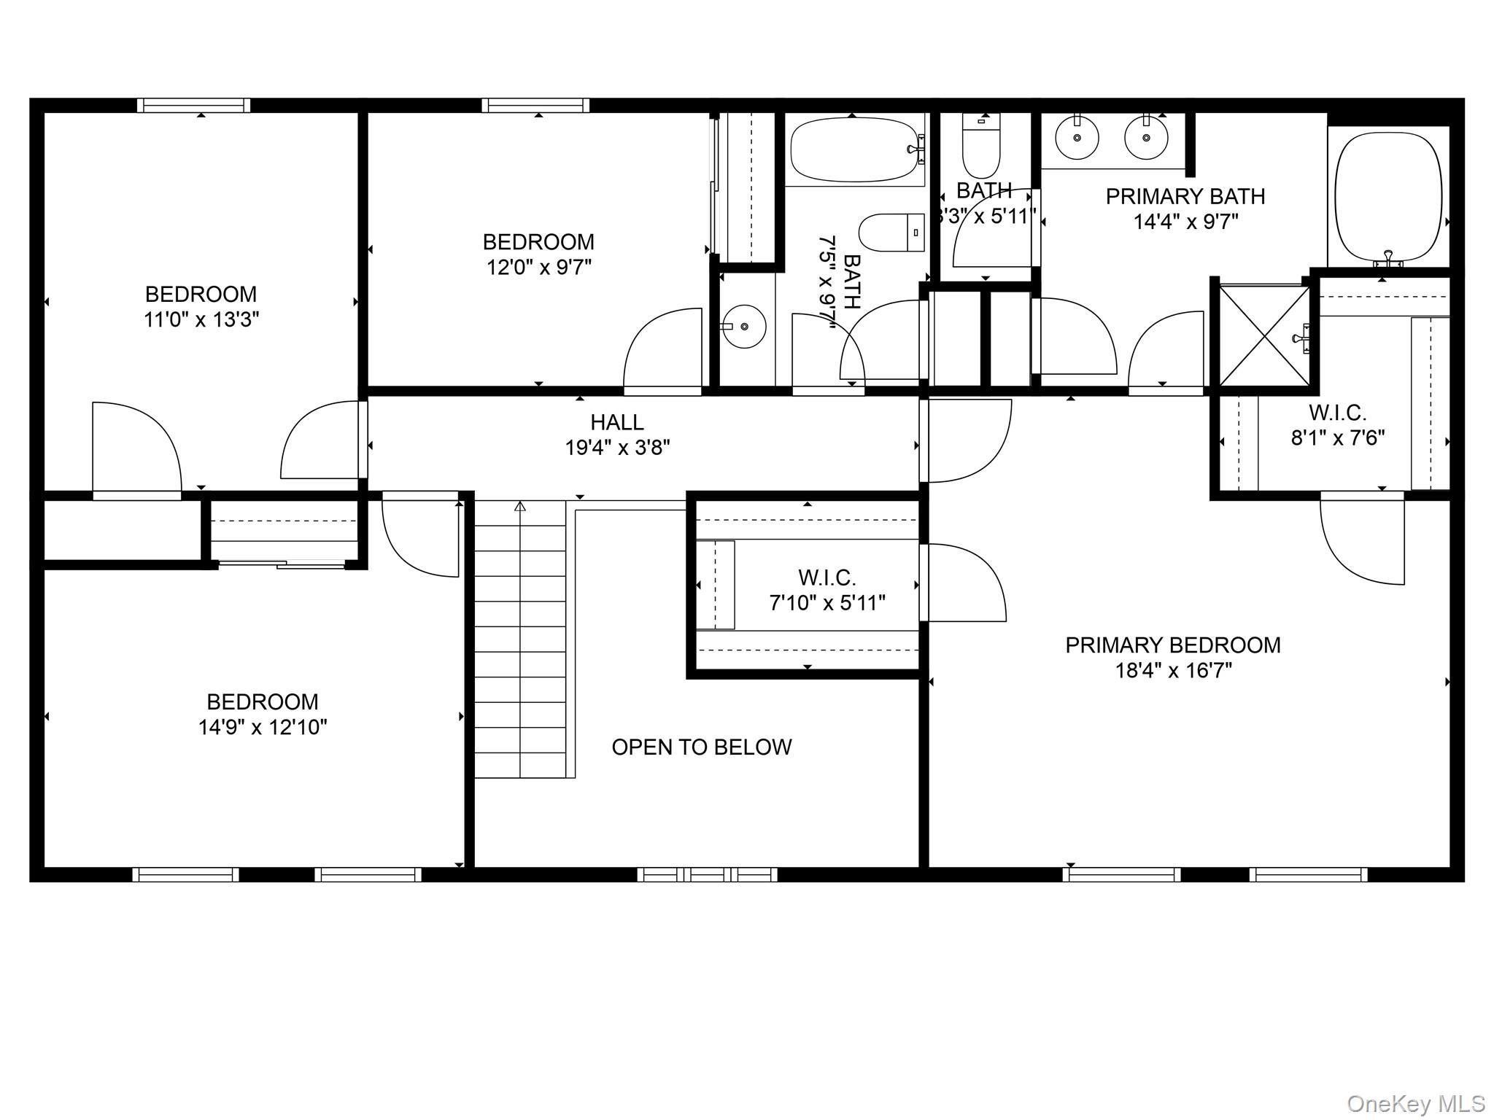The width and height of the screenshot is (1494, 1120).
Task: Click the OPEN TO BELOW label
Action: coord(702,747)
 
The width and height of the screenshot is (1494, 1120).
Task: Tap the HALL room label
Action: coord(617,422)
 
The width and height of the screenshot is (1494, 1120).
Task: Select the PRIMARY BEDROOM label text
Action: coord(1173,645)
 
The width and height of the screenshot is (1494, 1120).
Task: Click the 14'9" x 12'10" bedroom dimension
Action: coord(263,727)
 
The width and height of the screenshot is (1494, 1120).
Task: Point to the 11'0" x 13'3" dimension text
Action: coord(201,319)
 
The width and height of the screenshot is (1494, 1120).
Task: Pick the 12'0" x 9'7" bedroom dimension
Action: coord(539,267)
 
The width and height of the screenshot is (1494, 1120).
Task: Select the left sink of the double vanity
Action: coord(1077,137)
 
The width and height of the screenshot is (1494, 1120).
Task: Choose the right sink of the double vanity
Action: coord(1146,137)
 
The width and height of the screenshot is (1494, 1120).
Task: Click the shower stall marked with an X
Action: coord(1264,336)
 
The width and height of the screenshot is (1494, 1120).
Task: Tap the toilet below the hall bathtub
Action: coord(891,232)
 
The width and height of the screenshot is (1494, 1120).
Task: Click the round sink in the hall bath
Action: coord(744,326)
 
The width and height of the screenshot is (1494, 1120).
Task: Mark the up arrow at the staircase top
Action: coord(520,505)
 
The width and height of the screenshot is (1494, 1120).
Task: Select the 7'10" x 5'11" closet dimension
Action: coord(827,603)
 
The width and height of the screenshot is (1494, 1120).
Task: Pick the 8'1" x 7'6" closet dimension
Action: coord(1338,437)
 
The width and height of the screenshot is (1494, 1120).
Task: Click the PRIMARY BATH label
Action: coord(1185,196)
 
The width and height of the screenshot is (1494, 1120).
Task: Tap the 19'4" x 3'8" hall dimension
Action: coord(617,447)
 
